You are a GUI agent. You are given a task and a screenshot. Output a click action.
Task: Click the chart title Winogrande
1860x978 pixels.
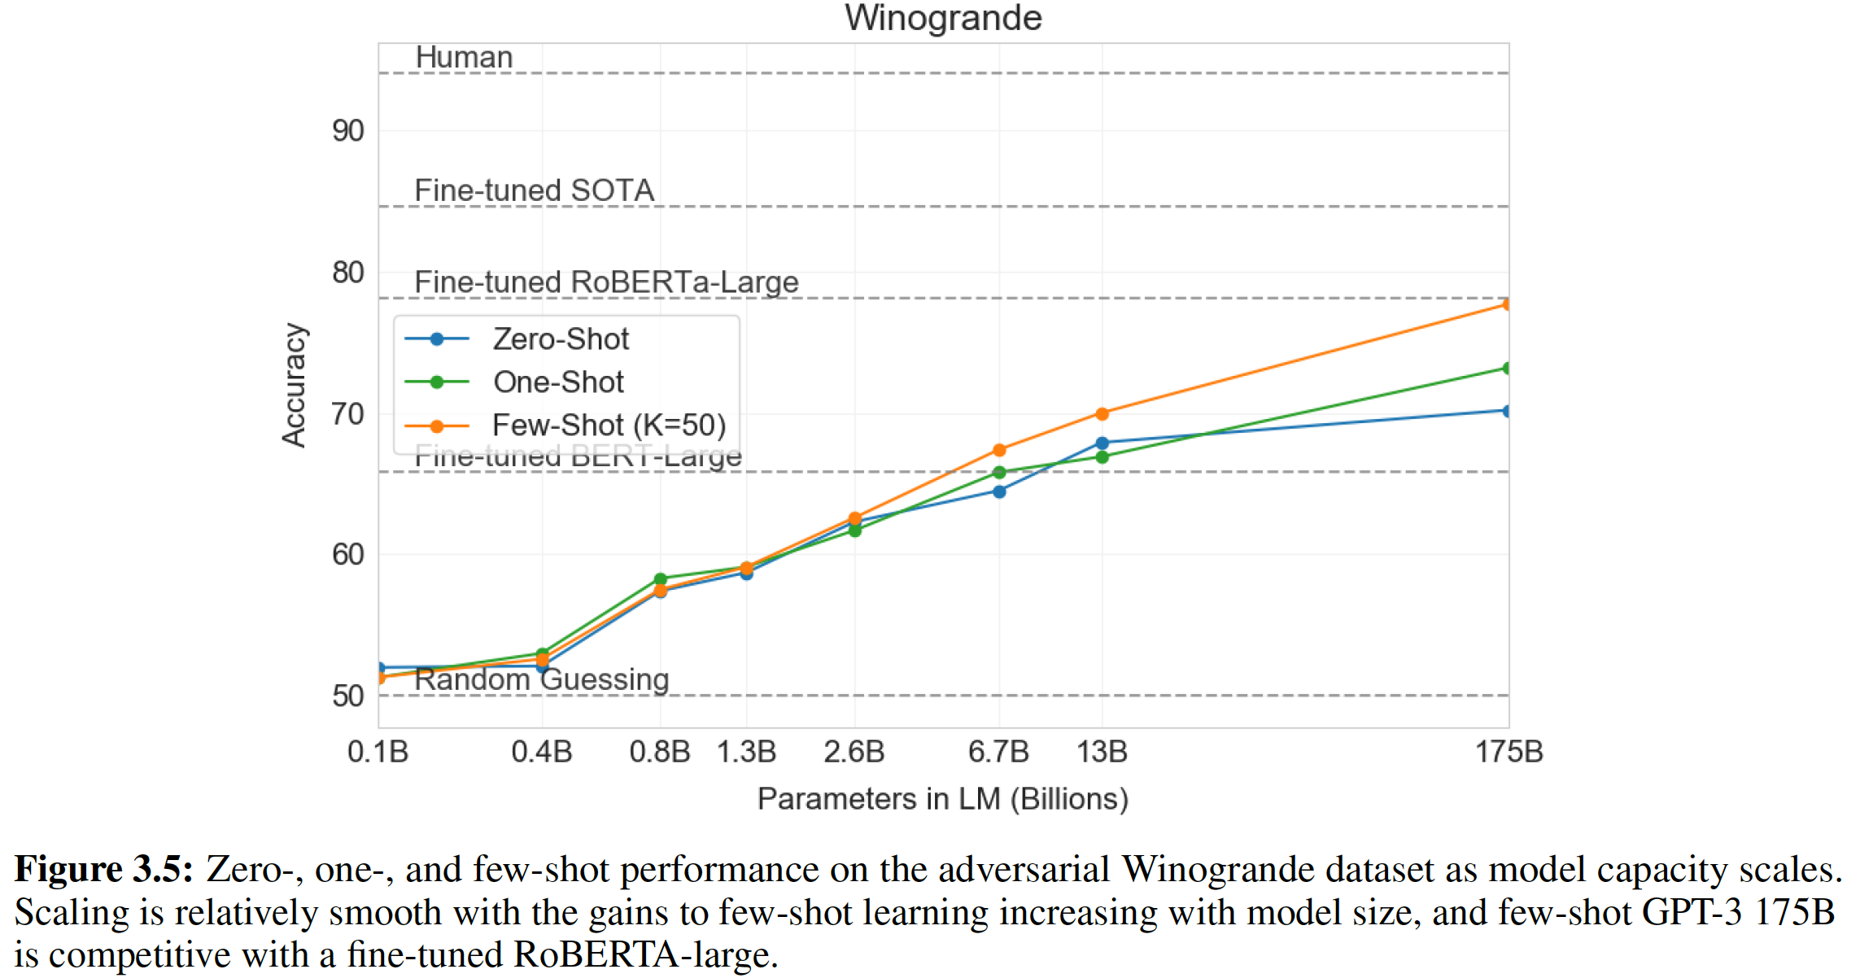click(943, 18)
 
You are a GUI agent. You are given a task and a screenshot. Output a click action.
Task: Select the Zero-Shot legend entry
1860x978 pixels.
click(560, 339)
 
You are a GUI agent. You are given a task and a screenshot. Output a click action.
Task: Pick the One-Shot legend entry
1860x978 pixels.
click(557, 382)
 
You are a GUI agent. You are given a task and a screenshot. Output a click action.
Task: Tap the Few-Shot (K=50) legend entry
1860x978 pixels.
click(608, 425)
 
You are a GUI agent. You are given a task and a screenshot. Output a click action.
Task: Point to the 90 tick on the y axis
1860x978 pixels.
click(348, 131)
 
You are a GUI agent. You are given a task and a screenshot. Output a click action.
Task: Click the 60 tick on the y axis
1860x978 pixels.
click(348, 555)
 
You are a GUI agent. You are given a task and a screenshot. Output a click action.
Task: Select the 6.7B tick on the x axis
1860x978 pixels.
click(998, 752)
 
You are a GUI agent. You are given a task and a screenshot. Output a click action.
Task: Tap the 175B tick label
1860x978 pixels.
click(1509, 752)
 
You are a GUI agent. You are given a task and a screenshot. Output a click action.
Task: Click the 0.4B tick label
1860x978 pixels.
click(542, 752)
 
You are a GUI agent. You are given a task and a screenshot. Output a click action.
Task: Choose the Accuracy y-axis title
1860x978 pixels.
click(294, 385)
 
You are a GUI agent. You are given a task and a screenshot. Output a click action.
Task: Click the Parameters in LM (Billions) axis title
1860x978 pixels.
click(943, 799)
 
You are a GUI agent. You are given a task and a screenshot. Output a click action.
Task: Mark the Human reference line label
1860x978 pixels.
click(464, 58)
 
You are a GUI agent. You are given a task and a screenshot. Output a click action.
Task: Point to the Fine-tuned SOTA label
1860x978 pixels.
click(534, 190)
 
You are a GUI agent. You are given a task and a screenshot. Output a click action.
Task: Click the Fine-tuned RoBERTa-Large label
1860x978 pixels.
click(606, 282)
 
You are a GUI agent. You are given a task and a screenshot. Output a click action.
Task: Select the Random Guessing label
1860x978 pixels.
click(542, 679)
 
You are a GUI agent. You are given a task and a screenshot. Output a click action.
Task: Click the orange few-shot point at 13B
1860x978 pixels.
click(1102, 414)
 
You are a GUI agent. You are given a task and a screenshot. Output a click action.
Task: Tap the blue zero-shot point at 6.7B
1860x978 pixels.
click(999, 491)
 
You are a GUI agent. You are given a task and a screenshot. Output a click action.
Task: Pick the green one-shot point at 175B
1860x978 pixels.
click(1507, 369)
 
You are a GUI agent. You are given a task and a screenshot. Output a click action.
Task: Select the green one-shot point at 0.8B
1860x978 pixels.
click(660, 579)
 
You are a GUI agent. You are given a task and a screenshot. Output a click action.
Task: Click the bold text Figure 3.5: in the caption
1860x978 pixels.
click(104, 870)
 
